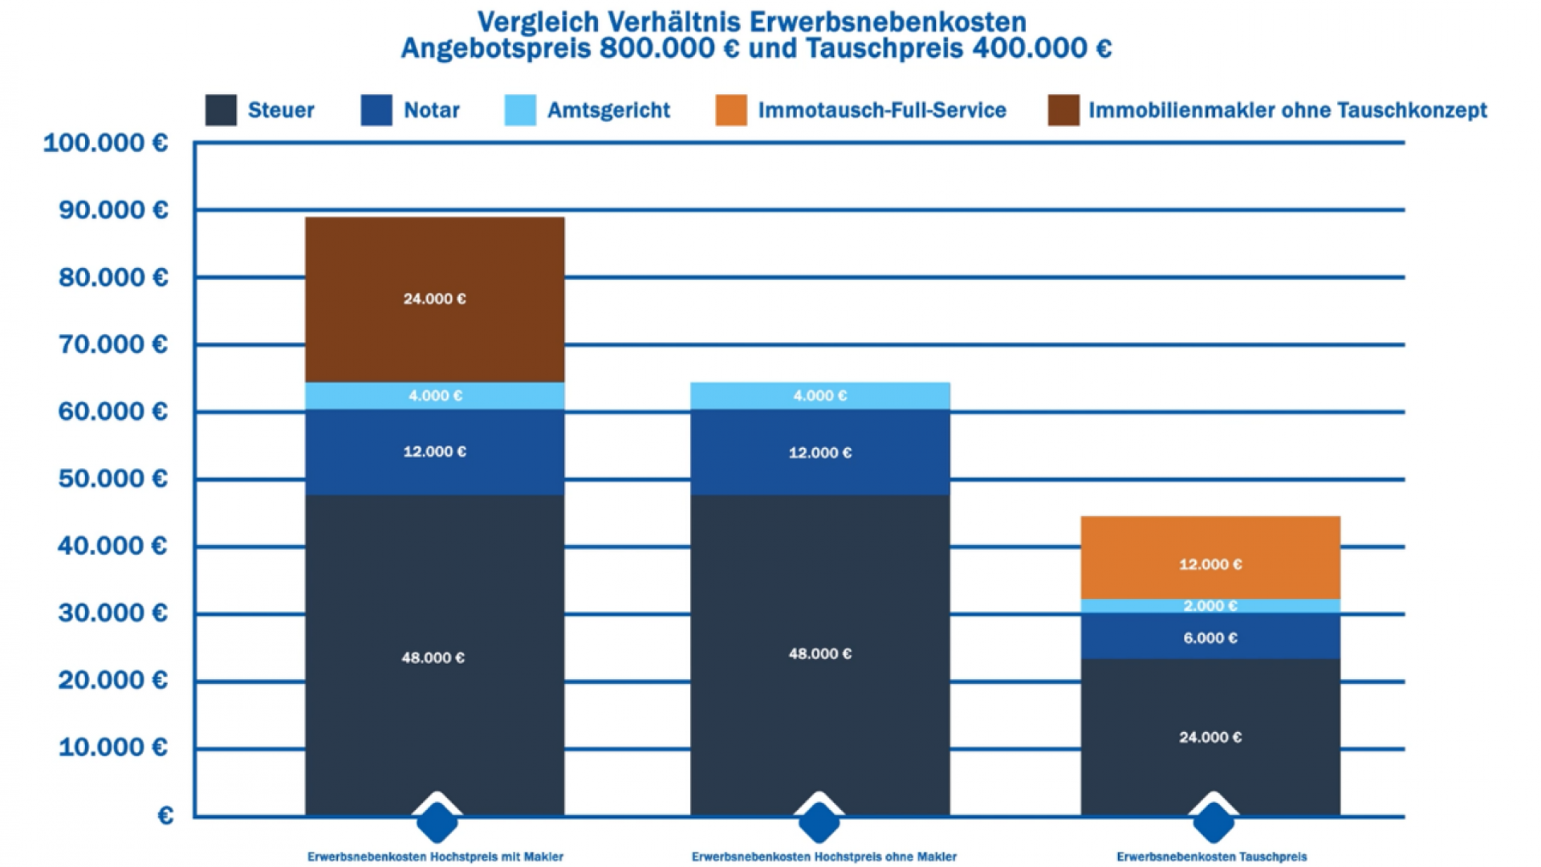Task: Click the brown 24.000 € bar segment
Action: [434, 299]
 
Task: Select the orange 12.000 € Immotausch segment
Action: [1210, 557]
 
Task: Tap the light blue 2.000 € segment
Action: [1210, 606]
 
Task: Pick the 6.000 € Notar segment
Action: [1210, 637]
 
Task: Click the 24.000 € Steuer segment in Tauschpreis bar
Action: [1210, 737]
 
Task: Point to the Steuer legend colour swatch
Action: [221, 110]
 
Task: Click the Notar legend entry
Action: [431, 110]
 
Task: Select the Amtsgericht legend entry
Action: [608, 110]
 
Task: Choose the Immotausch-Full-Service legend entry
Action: [881, 110]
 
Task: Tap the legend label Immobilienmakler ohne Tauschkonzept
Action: [1287, 110]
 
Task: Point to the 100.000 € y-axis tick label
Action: [105, 143]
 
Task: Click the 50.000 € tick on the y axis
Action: [113, 479]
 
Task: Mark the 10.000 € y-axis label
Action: [113, 748]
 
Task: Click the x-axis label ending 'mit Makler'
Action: [435, 857]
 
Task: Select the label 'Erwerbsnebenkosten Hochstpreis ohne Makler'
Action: [824, 857]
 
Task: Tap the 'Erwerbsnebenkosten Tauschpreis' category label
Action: [1212, 857]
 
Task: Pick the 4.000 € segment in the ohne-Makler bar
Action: [819, 396]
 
